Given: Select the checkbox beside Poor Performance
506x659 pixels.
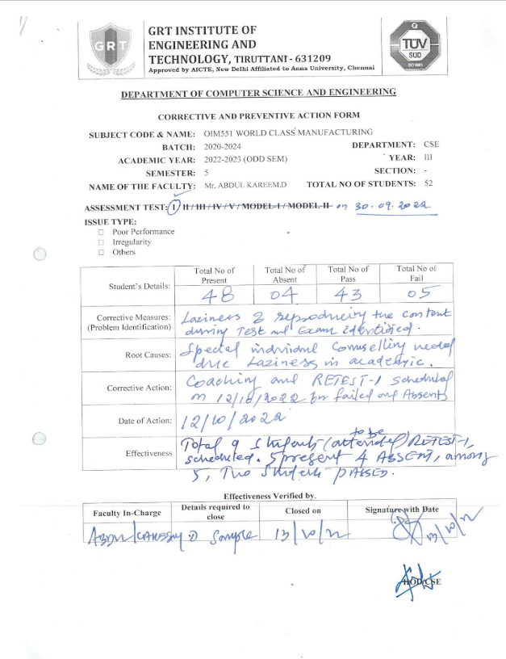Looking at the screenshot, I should click(101, 232).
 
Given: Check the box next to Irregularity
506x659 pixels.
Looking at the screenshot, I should click(101, 241).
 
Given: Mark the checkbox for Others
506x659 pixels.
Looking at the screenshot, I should click(101, 252).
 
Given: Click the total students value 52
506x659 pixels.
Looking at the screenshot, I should click(429, 184).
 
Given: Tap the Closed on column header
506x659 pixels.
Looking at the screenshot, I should click(303, 511).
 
